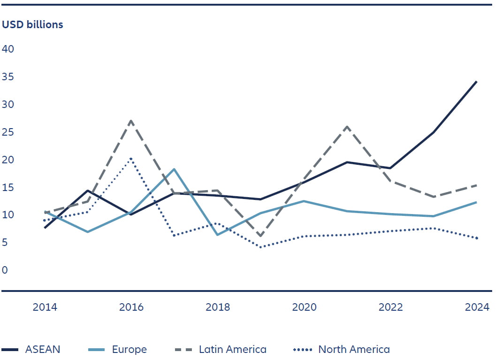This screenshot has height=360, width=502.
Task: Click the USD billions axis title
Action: pos(32,25)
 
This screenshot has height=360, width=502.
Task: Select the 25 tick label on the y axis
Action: pos(8,132)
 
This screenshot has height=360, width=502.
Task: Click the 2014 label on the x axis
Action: pos(45,307)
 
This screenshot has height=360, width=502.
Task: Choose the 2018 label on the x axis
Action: pos(218,307)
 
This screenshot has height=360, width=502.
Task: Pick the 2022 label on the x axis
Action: pos(390,307)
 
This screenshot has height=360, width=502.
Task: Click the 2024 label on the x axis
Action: pos(477,307)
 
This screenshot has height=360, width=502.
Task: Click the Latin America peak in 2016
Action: pos(131,121)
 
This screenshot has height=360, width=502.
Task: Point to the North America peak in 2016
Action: pos(131,159)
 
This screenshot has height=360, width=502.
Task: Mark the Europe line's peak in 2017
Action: pos(174,169)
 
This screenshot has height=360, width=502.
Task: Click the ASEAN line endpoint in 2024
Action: pos(477,81)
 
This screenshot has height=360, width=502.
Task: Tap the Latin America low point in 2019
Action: pos(260,236)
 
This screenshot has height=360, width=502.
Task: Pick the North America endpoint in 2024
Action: pos(477,238)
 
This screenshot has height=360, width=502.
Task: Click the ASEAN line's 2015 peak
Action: pos(88,191)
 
